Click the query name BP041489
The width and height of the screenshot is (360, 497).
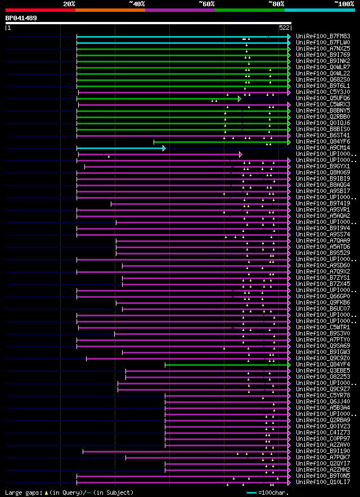point(21,18)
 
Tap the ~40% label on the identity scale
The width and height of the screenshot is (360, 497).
point(137,3)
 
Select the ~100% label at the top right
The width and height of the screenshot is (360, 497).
point(344,3)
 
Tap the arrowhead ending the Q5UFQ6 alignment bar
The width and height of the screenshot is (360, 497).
point(240,98)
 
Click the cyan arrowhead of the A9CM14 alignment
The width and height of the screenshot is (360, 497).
point(164,148)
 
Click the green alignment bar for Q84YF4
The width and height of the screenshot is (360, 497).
point(225,365)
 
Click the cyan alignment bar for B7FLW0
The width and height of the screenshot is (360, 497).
point(180,43)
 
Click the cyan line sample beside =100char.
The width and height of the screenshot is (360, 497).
point(251,492)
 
